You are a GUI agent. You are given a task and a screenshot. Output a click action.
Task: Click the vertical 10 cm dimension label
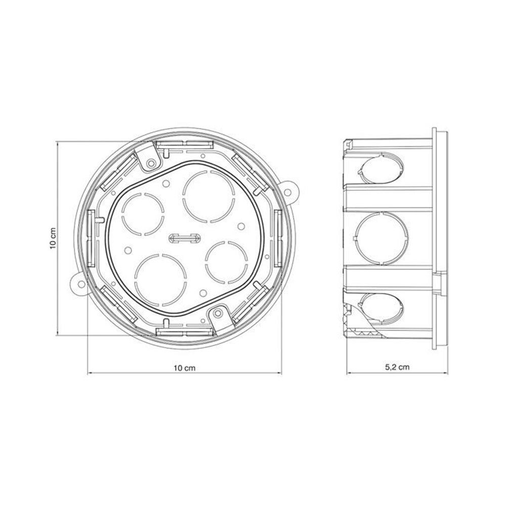click(x=53, y=238)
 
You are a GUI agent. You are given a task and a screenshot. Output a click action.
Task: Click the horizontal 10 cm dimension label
click(x=185, y=368)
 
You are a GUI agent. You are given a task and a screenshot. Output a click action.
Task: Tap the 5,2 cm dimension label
click(x=397, y=367)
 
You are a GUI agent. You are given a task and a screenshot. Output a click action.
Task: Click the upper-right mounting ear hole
click(x=287, y=192)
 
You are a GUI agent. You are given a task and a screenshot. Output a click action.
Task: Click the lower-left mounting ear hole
click(x=81, y=284)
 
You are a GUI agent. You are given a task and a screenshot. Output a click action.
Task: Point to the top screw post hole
click(x=150, y=163)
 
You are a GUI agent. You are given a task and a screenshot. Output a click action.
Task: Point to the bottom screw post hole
click(x=218, y=313)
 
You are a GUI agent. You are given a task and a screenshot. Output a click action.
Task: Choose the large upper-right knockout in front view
click(x=208, y=197)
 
